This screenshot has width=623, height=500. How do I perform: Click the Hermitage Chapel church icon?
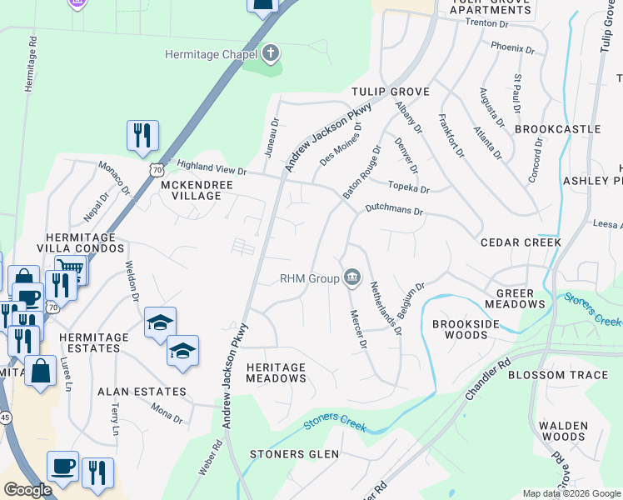pos(270,55)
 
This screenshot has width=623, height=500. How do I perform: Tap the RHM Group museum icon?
pos(351,277)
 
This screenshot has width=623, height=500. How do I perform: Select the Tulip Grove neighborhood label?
pos(390,92)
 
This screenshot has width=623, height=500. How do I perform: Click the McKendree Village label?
pos(191,190)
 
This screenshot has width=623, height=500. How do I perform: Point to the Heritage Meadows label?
pos(277,372)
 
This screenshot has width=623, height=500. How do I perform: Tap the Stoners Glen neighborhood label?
pos(295,454)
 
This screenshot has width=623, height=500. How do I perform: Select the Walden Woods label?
pos(563,431)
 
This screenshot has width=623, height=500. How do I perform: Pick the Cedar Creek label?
pos(521,242)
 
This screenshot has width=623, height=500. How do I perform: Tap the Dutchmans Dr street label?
pos(395,212)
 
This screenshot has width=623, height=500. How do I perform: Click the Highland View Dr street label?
pos(212,169)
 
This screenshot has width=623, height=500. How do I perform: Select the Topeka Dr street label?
pos(409,187)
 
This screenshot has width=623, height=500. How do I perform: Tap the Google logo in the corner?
pos(27,490)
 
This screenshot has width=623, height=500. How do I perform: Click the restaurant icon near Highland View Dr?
pos(142,135)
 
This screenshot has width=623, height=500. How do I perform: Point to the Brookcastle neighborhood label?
pos(557,129)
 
